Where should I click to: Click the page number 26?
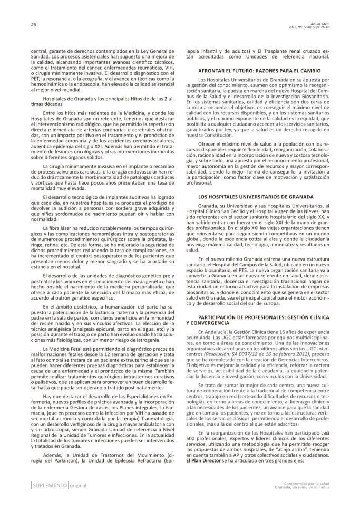pos(18,24)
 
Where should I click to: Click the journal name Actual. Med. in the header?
pos(330,23)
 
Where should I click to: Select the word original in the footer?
pos(76,485)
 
